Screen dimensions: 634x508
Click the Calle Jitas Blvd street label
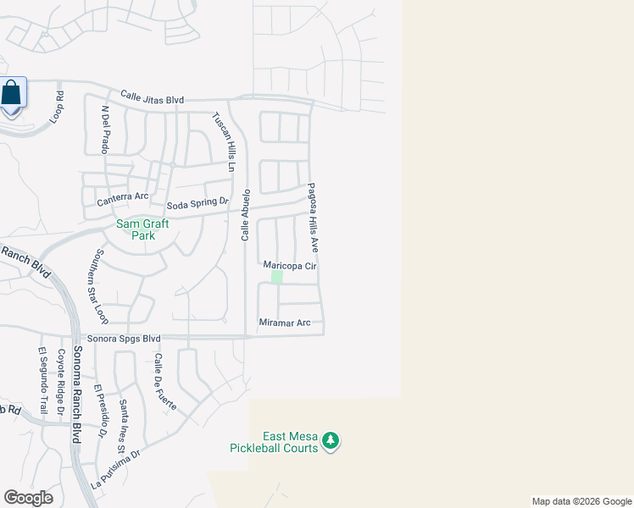[153, 99]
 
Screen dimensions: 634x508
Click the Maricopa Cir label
[289, 265]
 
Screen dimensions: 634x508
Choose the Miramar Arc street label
[285, 323]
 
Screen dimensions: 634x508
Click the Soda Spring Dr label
[197, 203]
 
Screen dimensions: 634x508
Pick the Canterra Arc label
[123, 196]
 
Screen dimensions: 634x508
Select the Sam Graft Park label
[142, 229]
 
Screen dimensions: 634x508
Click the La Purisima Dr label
[115, 470]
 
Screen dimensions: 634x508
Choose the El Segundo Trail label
[41, 378]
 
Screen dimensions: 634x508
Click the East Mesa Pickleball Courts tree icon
[331, 441]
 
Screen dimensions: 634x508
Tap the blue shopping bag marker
[12, 92]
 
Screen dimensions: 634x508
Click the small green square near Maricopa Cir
[276, 277]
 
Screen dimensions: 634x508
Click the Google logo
[29, 498]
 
